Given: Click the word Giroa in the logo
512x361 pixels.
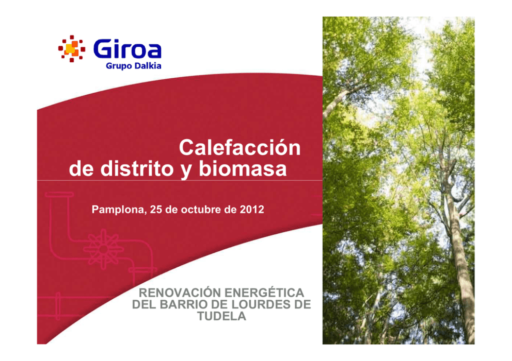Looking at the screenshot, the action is pos(127,49).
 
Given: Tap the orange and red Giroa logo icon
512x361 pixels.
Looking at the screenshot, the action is pos(72,48).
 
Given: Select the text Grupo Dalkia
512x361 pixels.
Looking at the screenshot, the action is pos(134,66).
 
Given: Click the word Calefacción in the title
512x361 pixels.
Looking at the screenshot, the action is pos(239,148).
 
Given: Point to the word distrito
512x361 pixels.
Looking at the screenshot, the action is pos(137,168).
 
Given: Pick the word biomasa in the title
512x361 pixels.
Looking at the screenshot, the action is pos(243,168).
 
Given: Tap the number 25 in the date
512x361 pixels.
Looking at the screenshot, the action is pos(156,209).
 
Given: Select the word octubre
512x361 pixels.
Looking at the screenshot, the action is pos(201,209).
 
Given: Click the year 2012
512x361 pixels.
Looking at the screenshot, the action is pos(252,209).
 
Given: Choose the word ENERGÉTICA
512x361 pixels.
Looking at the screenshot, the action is pos(264,293).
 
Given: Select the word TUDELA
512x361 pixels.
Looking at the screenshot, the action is pos(222,316).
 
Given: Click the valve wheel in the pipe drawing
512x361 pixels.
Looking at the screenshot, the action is pos(104,249).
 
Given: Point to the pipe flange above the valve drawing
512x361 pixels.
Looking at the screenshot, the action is pos(59,195).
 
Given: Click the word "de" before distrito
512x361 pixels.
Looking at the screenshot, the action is pos(82,168).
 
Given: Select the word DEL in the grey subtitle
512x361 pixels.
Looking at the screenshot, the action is pos(145,304).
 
